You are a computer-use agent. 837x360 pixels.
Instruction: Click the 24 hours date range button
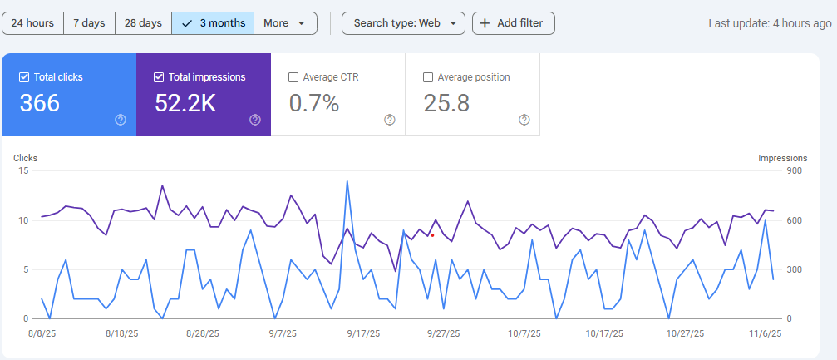click(33, 23)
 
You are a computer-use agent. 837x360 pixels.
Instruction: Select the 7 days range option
click(89, 23)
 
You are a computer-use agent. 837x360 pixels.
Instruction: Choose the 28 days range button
click(143, 23)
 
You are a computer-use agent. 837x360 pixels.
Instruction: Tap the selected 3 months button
click(213, 23)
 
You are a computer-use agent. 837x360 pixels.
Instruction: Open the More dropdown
click(285, 23)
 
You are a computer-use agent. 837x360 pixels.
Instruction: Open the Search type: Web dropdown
click(403, 23)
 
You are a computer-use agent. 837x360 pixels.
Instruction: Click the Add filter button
click(513, 23)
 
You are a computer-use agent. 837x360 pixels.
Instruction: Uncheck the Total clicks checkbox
click(24, 77)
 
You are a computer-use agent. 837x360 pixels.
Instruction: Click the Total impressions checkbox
click(159, 77)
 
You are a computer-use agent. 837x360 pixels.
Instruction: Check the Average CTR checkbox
click(293, 77)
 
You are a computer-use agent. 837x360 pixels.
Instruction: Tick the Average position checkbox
click(428, 77)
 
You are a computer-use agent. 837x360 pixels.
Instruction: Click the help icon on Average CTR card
click(390, 120)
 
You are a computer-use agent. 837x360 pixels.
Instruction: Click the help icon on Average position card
click(524, 120)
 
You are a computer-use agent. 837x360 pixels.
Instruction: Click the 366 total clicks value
click(40, 103)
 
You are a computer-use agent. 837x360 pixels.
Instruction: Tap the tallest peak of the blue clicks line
click(347, 181)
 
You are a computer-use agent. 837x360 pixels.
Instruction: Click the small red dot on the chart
click(432, 235)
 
